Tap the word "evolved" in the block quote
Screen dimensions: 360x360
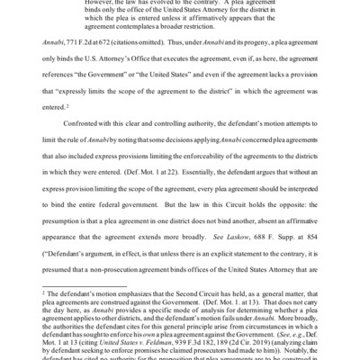point(181,4)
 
